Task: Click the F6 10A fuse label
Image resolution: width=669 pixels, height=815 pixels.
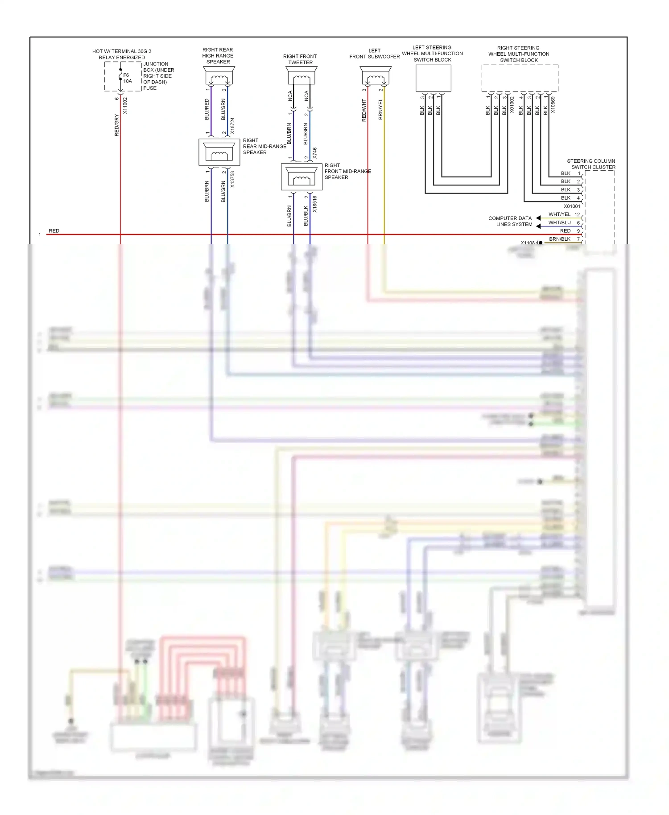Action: (128, 78)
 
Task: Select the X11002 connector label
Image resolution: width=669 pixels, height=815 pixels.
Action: (125, 106)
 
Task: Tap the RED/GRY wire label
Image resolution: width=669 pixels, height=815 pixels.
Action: (117, 125)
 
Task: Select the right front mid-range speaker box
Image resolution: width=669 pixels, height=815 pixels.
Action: (301, 177)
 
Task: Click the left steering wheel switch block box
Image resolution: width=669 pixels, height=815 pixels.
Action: (433, 78)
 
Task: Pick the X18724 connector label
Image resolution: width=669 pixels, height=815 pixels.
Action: (232, 126)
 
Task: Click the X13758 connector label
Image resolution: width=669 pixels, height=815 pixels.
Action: (232, 180)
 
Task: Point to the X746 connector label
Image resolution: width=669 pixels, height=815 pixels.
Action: (315, 153)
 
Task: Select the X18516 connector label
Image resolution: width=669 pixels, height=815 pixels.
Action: (315, 204)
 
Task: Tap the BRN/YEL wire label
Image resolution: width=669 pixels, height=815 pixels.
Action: (380, 109)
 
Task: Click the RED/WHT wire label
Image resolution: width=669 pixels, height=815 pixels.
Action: (364, 111)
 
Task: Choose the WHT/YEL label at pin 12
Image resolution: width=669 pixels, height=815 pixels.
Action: (559, 214)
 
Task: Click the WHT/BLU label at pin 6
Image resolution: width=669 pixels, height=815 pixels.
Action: (559, 222)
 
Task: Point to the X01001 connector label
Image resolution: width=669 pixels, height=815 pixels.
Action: (572, 206)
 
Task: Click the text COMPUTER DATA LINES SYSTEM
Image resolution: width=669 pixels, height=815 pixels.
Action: (510, 222)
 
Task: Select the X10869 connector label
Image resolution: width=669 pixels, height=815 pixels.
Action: (553, 105)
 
